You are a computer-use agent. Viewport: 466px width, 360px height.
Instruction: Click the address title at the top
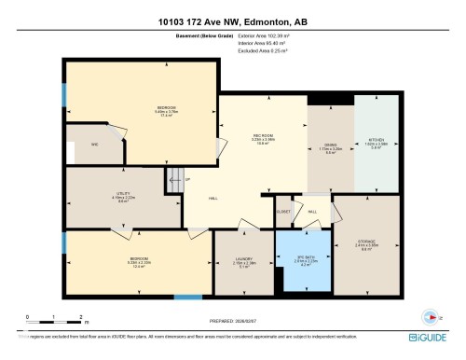(232, 20)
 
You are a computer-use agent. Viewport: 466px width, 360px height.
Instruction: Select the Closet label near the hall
(283, 212)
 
